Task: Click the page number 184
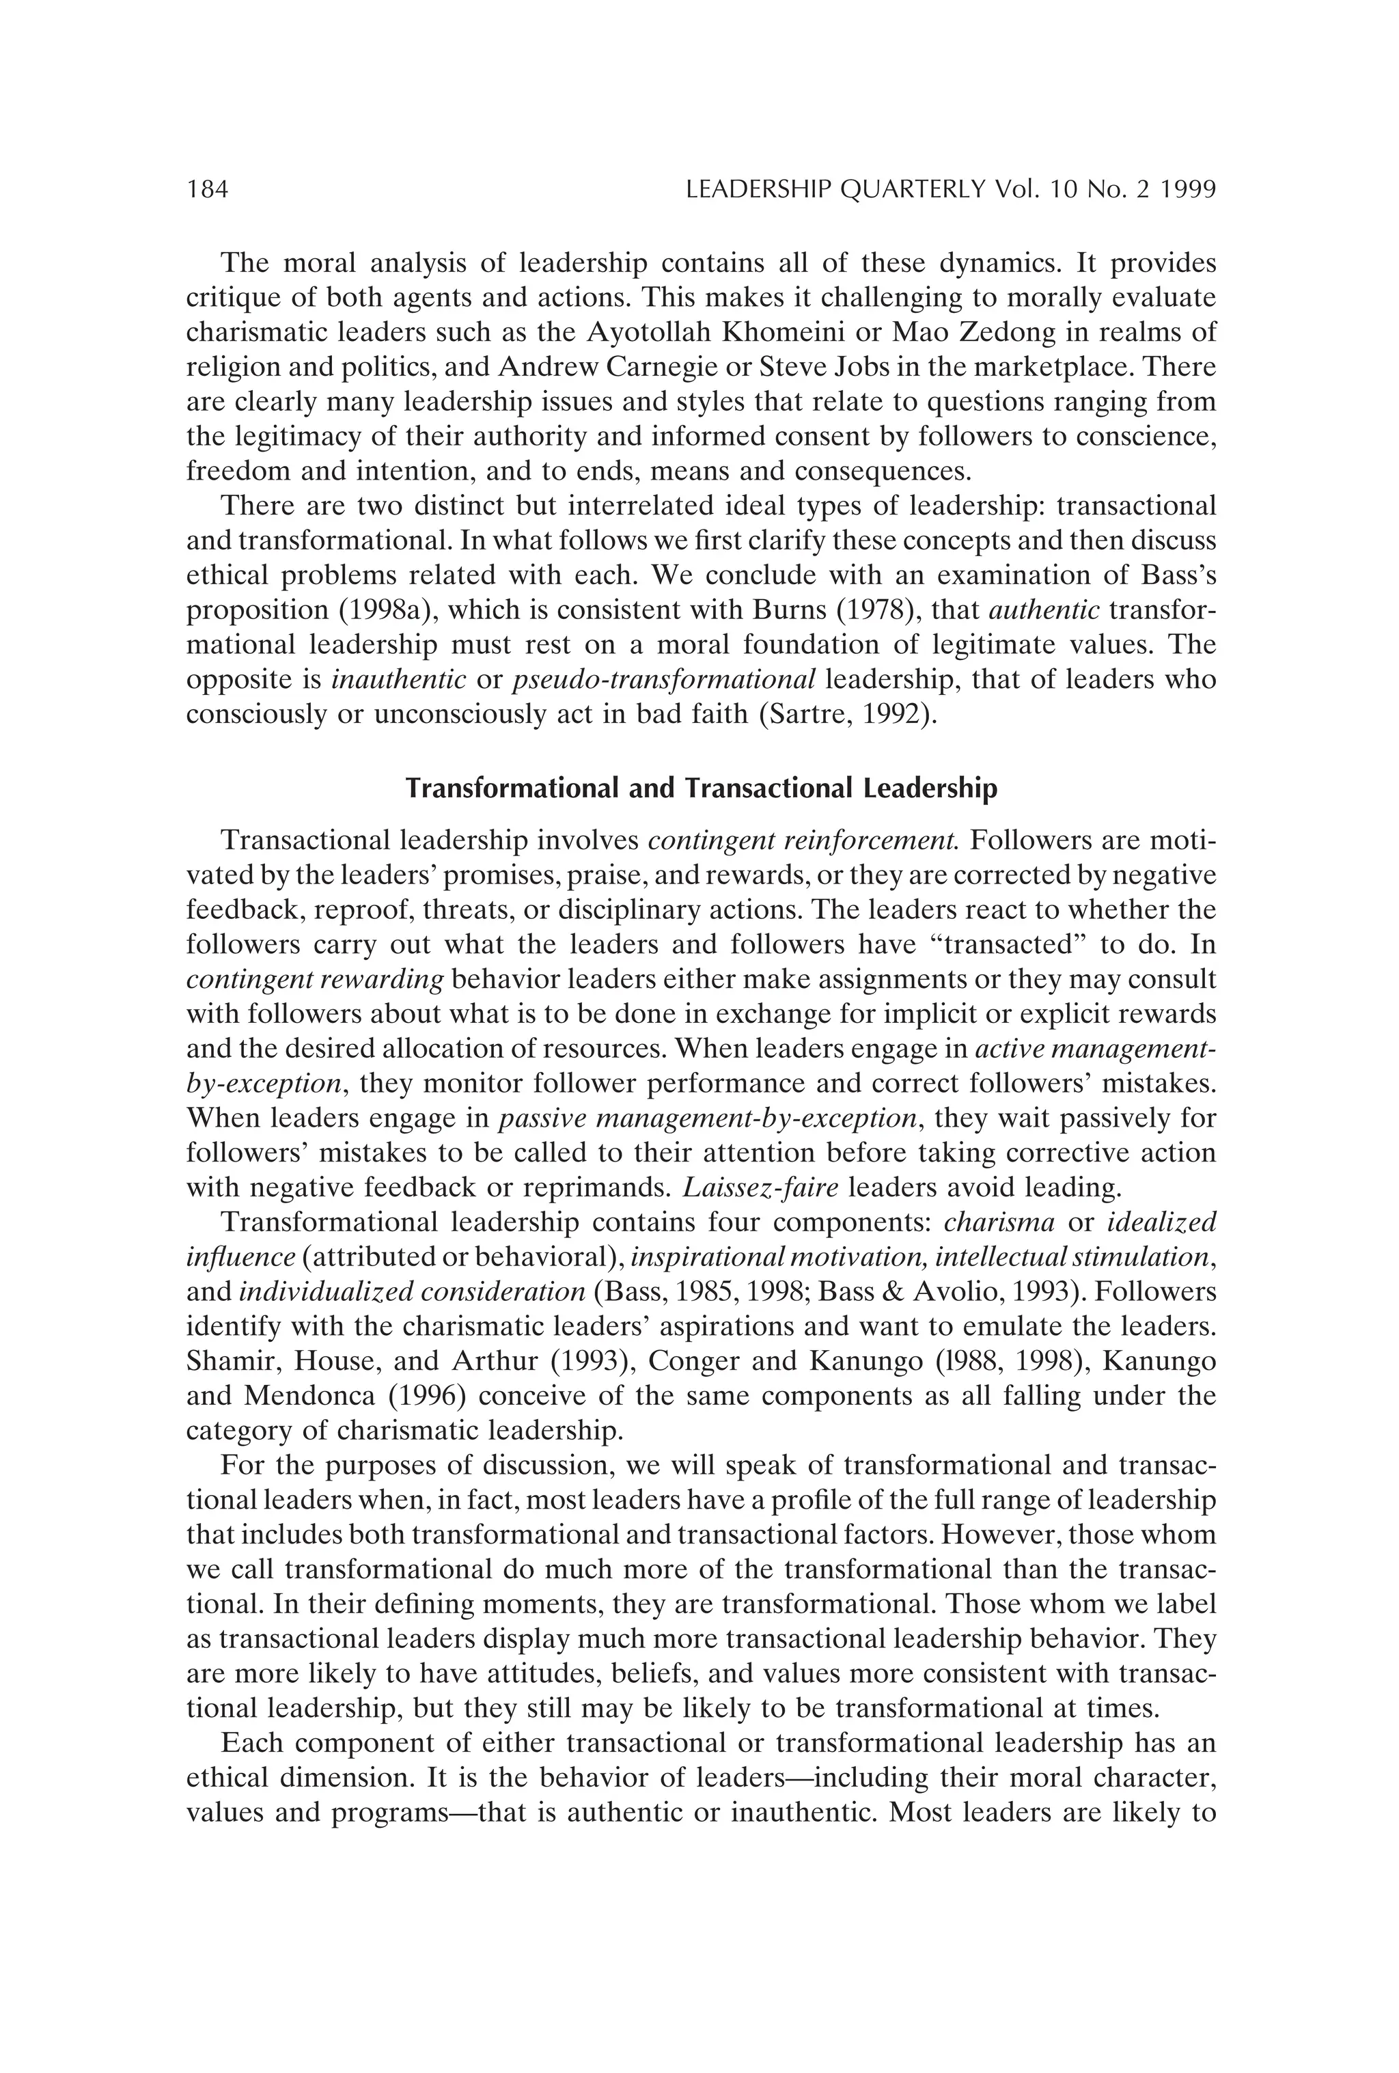[x=208, y=190]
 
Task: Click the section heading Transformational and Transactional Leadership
[x=701, y=788]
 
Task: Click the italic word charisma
[x=999, y=1223]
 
